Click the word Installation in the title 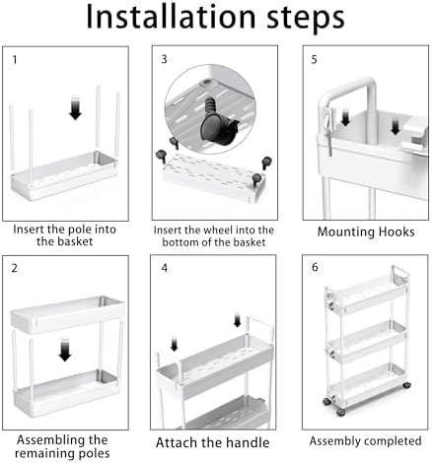(x=171, y=17)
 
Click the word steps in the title (x=306, y=19)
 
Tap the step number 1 (x=15, y=60)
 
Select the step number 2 (x=14, y=268)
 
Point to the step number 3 (x=164, y=59)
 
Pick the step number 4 (x=165, y=268)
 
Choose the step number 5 (x=314, y=60)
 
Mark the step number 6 (x=315, y=267)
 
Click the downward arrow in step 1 (x=75, y=107)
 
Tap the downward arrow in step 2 (x=65, y=350)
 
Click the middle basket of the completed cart (x=367, y=341)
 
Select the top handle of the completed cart (x=400, y=274)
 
